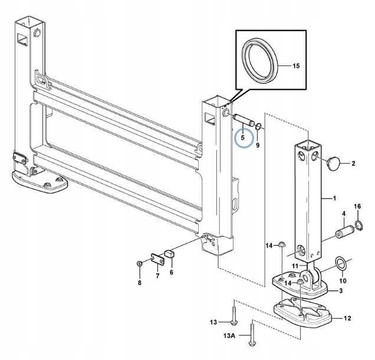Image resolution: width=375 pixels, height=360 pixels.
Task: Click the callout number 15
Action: [x=295, y=65]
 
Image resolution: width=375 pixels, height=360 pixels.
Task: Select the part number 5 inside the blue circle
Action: [x=242, y=139]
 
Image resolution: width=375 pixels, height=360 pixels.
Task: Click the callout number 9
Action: [x=258, y=145]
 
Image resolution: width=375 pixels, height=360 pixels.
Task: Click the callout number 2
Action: [x=353, y=163]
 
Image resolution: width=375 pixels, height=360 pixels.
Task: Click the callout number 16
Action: [x=357, y=207]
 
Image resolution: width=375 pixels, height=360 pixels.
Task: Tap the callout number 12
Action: [x=347, y=318]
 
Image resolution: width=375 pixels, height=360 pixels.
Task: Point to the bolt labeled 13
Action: [x=234, y=313]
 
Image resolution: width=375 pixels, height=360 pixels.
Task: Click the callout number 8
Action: [x=140, y=283]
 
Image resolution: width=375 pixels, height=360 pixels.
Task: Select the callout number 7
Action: [x=157, y=276]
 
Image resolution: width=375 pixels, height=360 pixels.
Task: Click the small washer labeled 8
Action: [x=139, y=263]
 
